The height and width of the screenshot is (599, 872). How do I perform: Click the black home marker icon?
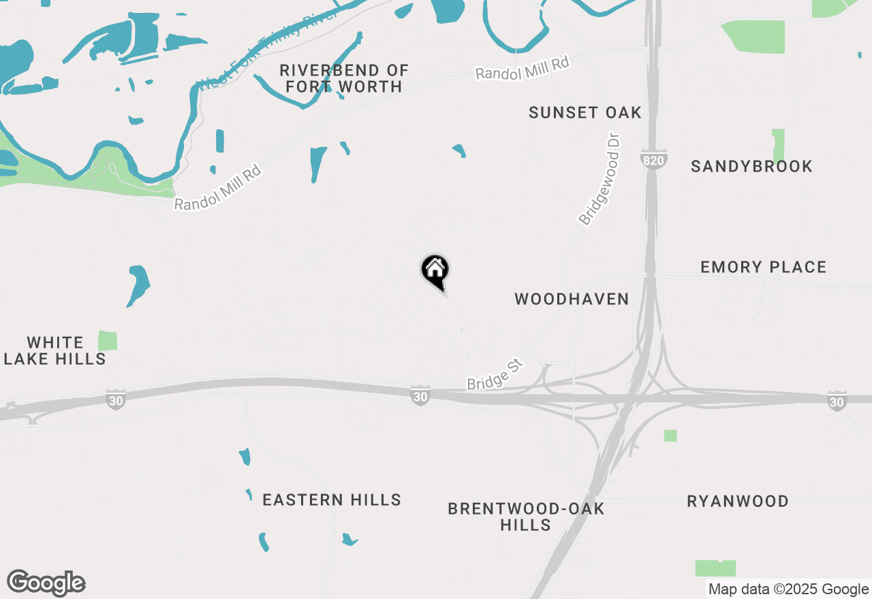[435, 270]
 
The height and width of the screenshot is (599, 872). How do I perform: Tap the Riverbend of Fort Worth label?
[344, 78]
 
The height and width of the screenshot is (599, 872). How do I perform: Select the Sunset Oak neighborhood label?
[585, 113]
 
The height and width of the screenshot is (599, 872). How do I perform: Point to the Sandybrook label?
[751, 167]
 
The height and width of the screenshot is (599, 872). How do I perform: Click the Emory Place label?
[763, 268]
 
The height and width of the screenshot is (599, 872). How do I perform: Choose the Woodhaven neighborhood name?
[572, 299]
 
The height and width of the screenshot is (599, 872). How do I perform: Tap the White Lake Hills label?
[55, 351]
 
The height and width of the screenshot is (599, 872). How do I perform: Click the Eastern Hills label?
[332, 500]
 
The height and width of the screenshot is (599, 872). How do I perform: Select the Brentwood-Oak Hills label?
[525, 517]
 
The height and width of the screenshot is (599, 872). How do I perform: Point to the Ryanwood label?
[737, 502]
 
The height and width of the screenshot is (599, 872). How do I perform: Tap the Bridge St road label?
[495, 375]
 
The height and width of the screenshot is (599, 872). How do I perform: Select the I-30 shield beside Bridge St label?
[421, 396]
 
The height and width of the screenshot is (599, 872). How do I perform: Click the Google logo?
[46, 583]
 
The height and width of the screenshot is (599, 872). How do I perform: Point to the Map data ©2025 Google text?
[788, 589]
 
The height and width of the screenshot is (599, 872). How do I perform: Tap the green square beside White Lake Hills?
[108, 340]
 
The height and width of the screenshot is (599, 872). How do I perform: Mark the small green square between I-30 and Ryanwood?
[670, 436]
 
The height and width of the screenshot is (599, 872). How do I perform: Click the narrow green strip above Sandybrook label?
[778, 145]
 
